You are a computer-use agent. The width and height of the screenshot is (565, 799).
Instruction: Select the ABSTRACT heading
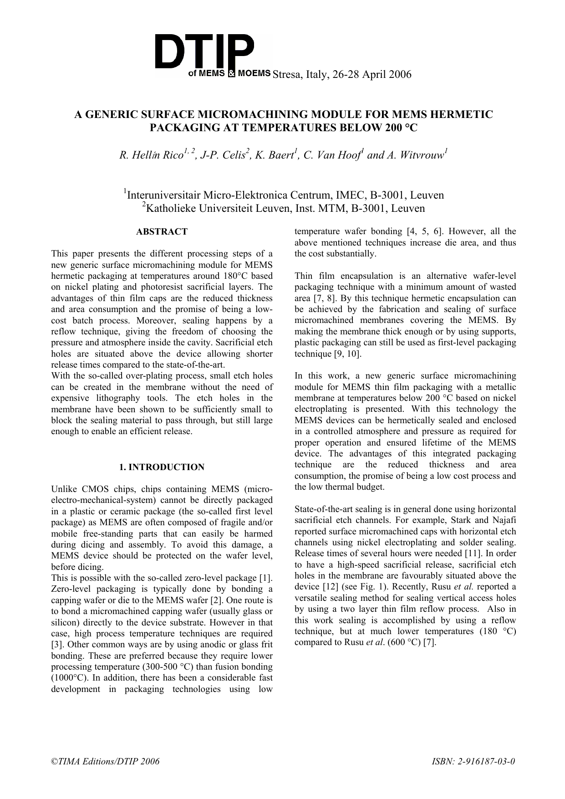[162, 232]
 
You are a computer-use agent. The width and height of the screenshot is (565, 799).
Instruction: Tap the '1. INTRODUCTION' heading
[162, 467]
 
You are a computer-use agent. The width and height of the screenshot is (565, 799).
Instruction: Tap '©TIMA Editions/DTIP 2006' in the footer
[105, 761]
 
